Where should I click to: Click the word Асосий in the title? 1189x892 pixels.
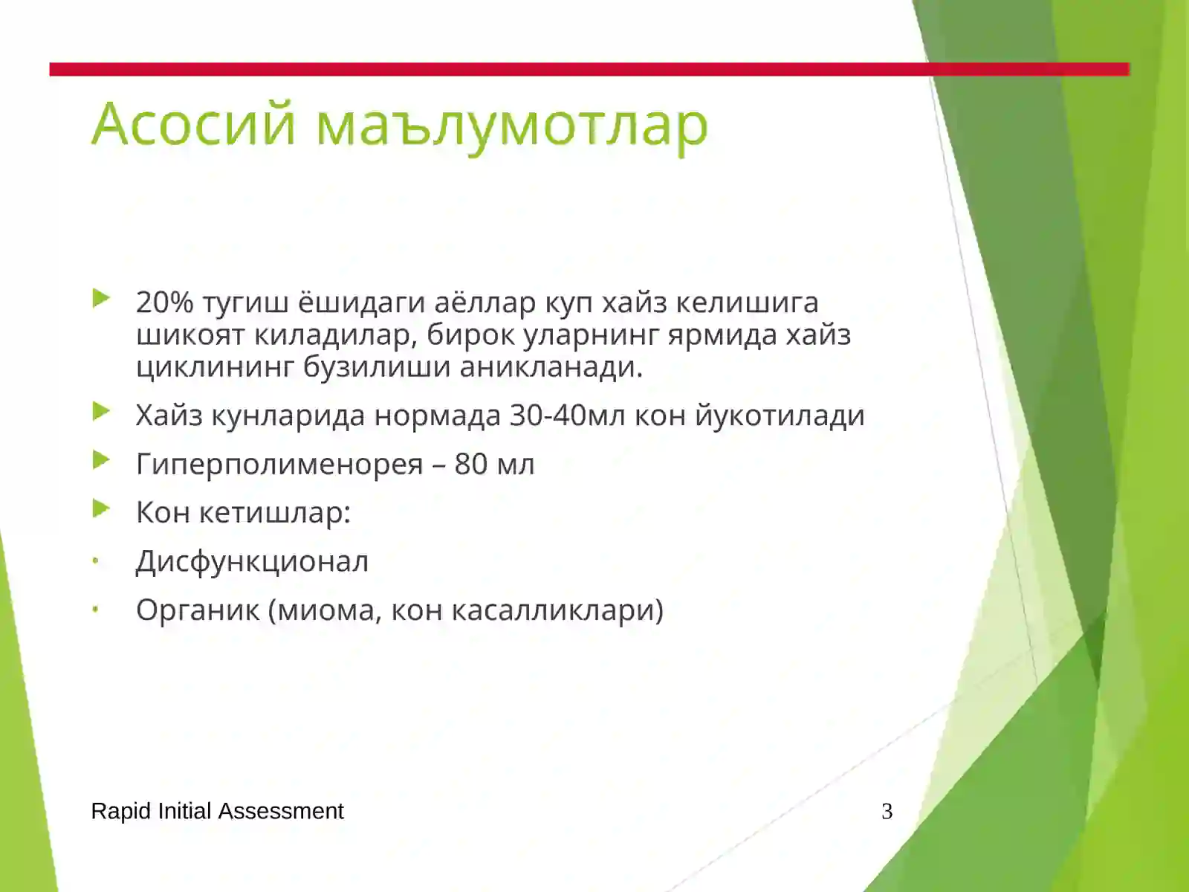click(x=194, y=123)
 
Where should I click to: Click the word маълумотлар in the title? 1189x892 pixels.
click(x=512, y=125)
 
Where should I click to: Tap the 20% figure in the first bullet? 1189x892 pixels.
click(x=164, y=303)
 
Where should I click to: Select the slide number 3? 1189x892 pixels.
click(x=887, y=811)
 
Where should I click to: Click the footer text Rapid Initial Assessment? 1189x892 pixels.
click(x=217, y=811)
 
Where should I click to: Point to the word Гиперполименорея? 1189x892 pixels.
click(x=279, y=465)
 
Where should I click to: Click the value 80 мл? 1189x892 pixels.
click(x=494, y=464)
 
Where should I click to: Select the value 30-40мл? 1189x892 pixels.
click(x=568, y=415)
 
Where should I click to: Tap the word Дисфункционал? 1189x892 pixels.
click(x=252, y=562)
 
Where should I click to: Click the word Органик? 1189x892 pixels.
click(x=198, y=610)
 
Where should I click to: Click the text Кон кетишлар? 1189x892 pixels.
click(x=243, y=512)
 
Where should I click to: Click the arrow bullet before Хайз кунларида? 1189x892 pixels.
click(x=102, y=411)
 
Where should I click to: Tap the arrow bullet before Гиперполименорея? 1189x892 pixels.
click(x=102, y=460)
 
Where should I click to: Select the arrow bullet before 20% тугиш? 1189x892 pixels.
click(x=102, y=299)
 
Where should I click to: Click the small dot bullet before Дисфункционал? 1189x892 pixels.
click(x=96, y=562)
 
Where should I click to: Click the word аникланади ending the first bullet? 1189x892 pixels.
click(x=551, y=366)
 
